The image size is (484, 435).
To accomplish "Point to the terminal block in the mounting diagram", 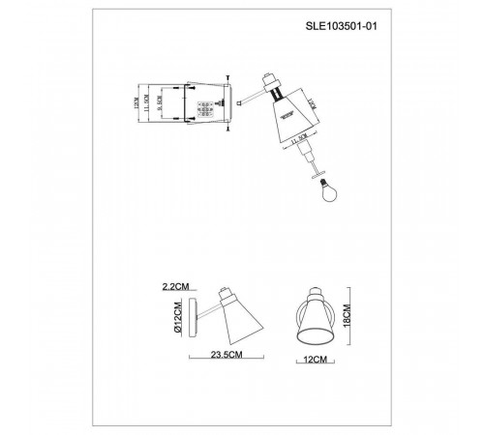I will point(205,107).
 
